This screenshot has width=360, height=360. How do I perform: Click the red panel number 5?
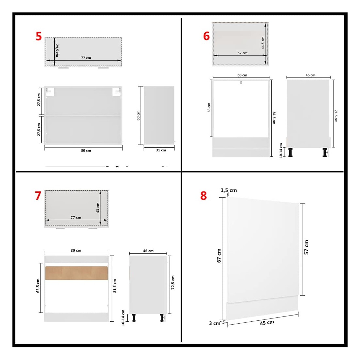pyautogui.click(x=39, y=36)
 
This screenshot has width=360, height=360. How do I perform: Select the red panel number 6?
pyautogui.click(x=207, y=36)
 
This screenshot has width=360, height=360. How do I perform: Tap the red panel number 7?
pyautogui.click(x=38, y=196)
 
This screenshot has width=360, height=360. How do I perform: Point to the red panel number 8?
pyautogui.click(x=204, y=196)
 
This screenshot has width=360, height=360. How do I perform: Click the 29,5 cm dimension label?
pyautogui.click(x=57, y=50)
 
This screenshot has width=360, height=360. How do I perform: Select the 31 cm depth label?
pyautogui.click(x=161, y=150)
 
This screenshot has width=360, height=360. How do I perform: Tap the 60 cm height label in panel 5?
pyautogui.click(x=138, y=115)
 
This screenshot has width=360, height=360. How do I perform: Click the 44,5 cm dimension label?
pyautogui.click(x=263, y=43)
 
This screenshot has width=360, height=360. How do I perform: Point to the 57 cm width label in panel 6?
pyautogui.click(x=243, y=53)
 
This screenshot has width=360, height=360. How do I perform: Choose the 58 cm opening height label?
pyautogui.click(x=209, y=107)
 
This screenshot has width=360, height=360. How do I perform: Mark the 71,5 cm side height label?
pyautogui.click(x=336, y=116)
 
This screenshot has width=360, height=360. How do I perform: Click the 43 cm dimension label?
pyautogui.click(x=98, y=208)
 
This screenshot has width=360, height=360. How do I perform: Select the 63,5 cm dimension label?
pyautogui.click(x=38, y=286)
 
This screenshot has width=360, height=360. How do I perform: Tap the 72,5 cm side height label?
pyautogui.click(x=173, y=282)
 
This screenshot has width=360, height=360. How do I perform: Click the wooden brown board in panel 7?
pyautogui.click(x=77, y=273)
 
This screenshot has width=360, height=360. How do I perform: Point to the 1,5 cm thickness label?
pyautogui.click(x=229, y=190)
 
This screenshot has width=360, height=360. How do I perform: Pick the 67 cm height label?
pyautogui.click(x=219, y=256)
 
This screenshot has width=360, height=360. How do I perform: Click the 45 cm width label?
pyautogui.click(x=267, y=323)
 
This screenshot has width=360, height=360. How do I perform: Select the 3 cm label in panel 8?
pyautogui.click(x=215, y=323)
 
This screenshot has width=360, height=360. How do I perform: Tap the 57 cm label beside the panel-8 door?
pyautogui.click(x=306, y=247)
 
